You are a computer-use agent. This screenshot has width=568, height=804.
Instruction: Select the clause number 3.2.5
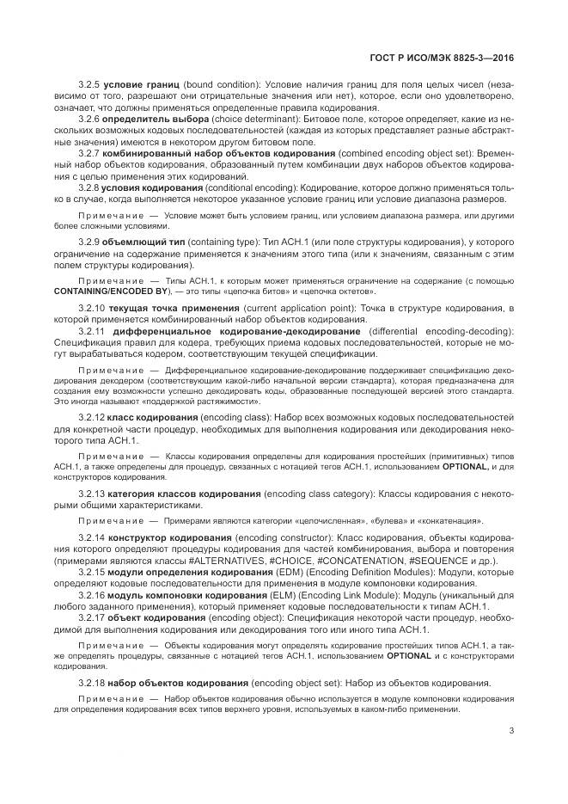(x=89, y=86)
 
